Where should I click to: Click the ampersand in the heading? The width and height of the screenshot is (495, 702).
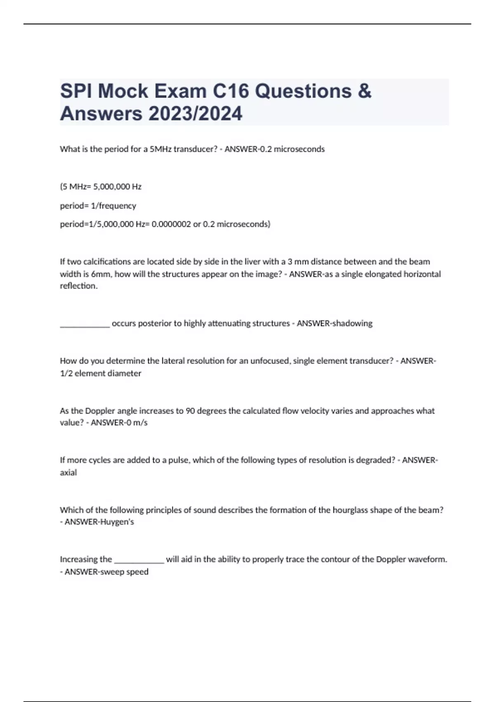365,91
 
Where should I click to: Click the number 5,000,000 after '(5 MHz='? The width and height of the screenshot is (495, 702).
112,187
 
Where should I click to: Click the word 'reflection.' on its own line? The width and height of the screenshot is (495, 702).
79,286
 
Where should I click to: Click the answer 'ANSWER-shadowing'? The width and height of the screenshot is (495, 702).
335,323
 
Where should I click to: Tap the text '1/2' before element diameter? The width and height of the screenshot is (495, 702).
66,373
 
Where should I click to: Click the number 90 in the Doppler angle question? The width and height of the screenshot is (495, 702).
190,411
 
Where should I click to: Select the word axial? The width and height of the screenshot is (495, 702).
68,472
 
